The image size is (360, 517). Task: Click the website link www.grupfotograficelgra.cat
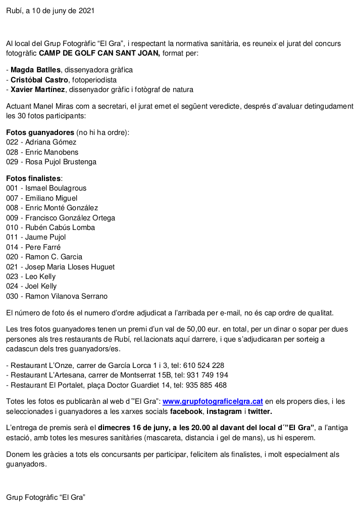tap(213, 401)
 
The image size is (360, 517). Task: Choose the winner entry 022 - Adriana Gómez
tap(41, 142)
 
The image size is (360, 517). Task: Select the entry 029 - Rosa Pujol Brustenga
tap(51, 162)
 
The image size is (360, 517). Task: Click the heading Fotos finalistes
tap(33, 178)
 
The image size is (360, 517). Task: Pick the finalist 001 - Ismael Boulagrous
tap(46, 188)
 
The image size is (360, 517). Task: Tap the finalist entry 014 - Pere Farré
tap(33, 247)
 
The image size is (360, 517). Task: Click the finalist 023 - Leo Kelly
tap(31, 276)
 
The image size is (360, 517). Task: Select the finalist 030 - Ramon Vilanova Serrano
tap(57, 296)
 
